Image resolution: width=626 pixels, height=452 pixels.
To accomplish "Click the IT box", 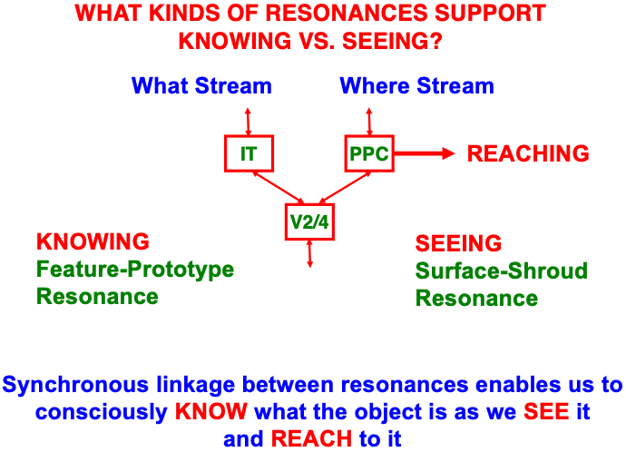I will tap(248, 153).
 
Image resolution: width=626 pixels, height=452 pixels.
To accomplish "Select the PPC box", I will tap(369, 153).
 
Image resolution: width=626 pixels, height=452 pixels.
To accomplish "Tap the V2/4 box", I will tap(310, 221).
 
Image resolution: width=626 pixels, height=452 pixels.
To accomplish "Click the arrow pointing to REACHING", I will tap(423, 153).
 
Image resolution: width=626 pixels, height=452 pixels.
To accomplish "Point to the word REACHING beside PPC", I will tap(528, 153).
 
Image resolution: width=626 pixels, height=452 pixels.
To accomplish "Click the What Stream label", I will tap(201, 86).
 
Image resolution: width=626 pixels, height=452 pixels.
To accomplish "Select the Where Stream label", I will tap(416, 86).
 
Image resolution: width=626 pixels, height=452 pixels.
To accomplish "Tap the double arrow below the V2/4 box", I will tap(310, 253).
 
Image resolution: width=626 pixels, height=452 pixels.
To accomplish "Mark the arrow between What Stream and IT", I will tap(248, 121).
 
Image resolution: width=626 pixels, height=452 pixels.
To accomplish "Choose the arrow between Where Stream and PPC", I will tap(369, 121).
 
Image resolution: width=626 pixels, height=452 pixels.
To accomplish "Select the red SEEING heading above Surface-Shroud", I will tap(458, 243).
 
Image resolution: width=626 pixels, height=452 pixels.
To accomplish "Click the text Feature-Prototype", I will tap(135, 270).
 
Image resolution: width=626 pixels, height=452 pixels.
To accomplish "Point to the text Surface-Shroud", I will tap(502, 270).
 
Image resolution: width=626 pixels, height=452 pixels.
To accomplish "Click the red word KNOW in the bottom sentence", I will tap(210, 411).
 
